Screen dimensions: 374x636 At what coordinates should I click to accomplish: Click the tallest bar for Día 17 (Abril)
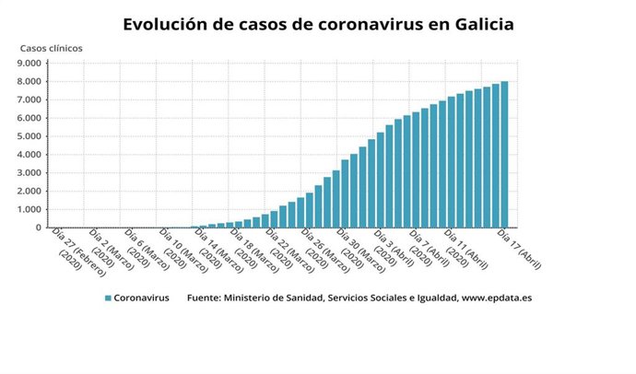pos(504,155)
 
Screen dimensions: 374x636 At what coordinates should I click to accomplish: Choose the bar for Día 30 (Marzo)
pos(345,193)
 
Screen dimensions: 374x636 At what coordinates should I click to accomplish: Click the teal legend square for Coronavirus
pos(108,298)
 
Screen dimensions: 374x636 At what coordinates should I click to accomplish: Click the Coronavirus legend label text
pos(142,298)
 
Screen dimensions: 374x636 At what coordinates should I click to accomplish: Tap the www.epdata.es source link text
pos(497,298)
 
